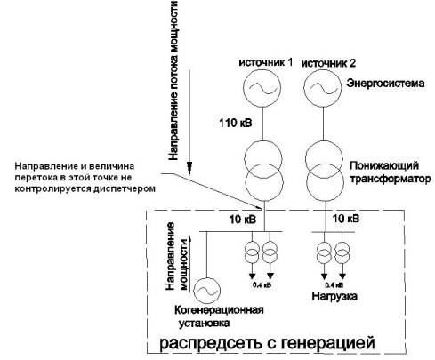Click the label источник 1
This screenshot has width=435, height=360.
[266, 63]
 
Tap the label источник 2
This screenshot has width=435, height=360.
[328, 63]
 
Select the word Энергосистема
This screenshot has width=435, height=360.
[385, 83]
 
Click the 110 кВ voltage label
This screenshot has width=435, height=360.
[236, 123]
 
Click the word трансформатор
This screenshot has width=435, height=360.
[391, 180]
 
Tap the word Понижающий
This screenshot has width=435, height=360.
[384, 165]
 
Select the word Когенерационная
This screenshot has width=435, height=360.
[219, 310]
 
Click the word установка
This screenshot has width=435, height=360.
[204, 323]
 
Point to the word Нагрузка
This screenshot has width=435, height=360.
[334, 296]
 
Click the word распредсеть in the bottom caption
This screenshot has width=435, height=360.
[211, 343]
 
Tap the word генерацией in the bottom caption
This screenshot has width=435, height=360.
[327, 343]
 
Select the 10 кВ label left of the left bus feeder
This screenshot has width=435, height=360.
[243, 220]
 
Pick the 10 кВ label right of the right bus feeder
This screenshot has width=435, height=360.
[346, 219]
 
